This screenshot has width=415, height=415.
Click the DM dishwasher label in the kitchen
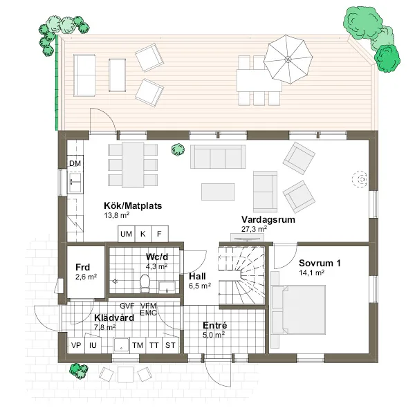coord(75,163)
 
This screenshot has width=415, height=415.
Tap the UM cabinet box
coord(127,234)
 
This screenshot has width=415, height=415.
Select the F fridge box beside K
coord(160,234)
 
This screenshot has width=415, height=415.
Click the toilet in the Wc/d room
coord(145,283)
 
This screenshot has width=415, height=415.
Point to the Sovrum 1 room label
coord(320,263)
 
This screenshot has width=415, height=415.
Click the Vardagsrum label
coord(268,219)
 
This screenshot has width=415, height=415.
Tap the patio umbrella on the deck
coord(288,59)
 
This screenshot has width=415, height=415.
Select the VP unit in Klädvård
coord(76,345)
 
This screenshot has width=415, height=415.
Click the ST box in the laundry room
coord(170,345)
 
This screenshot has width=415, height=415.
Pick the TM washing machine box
coord(138,345)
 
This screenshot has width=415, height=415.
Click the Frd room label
coord(82,267)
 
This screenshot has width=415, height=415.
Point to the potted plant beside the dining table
coord(178,149)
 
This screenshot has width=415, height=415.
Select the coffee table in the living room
coord(218,192)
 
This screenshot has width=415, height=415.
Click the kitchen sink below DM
coord(75,182)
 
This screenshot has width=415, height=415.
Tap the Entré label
coord(215,325)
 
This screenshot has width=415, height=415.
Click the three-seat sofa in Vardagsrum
coord(218,157)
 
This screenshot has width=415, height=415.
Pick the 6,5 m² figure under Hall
coord(200,286)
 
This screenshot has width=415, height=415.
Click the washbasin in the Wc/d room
coord(167,287)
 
